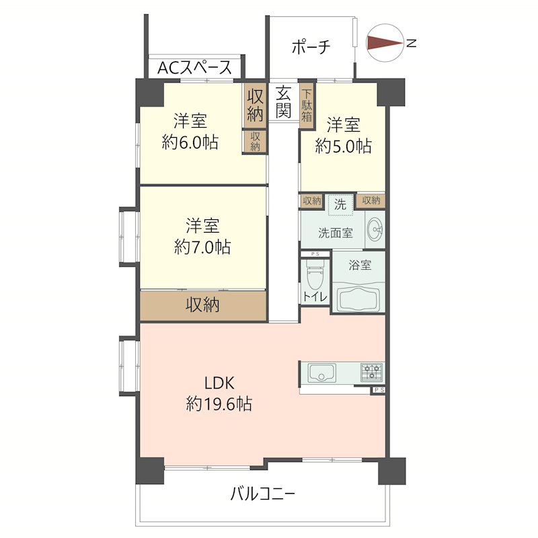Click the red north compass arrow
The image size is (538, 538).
coord(383,43)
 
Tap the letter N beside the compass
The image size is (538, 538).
coord(411,44)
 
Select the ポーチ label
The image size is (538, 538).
coord(311,46)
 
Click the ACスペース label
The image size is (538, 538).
coord(195,67)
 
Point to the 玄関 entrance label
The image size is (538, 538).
coord(284,102)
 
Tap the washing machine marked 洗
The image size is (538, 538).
coord(340,204)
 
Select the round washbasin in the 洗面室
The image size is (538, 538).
coord(375,233)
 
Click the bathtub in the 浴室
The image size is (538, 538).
coord(358,297)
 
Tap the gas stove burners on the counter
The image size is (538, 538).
coord(371,372)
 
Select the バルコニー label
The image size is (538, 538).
coord(262,496)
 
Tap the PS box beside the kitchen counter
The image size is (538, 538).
coord(378,389)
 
